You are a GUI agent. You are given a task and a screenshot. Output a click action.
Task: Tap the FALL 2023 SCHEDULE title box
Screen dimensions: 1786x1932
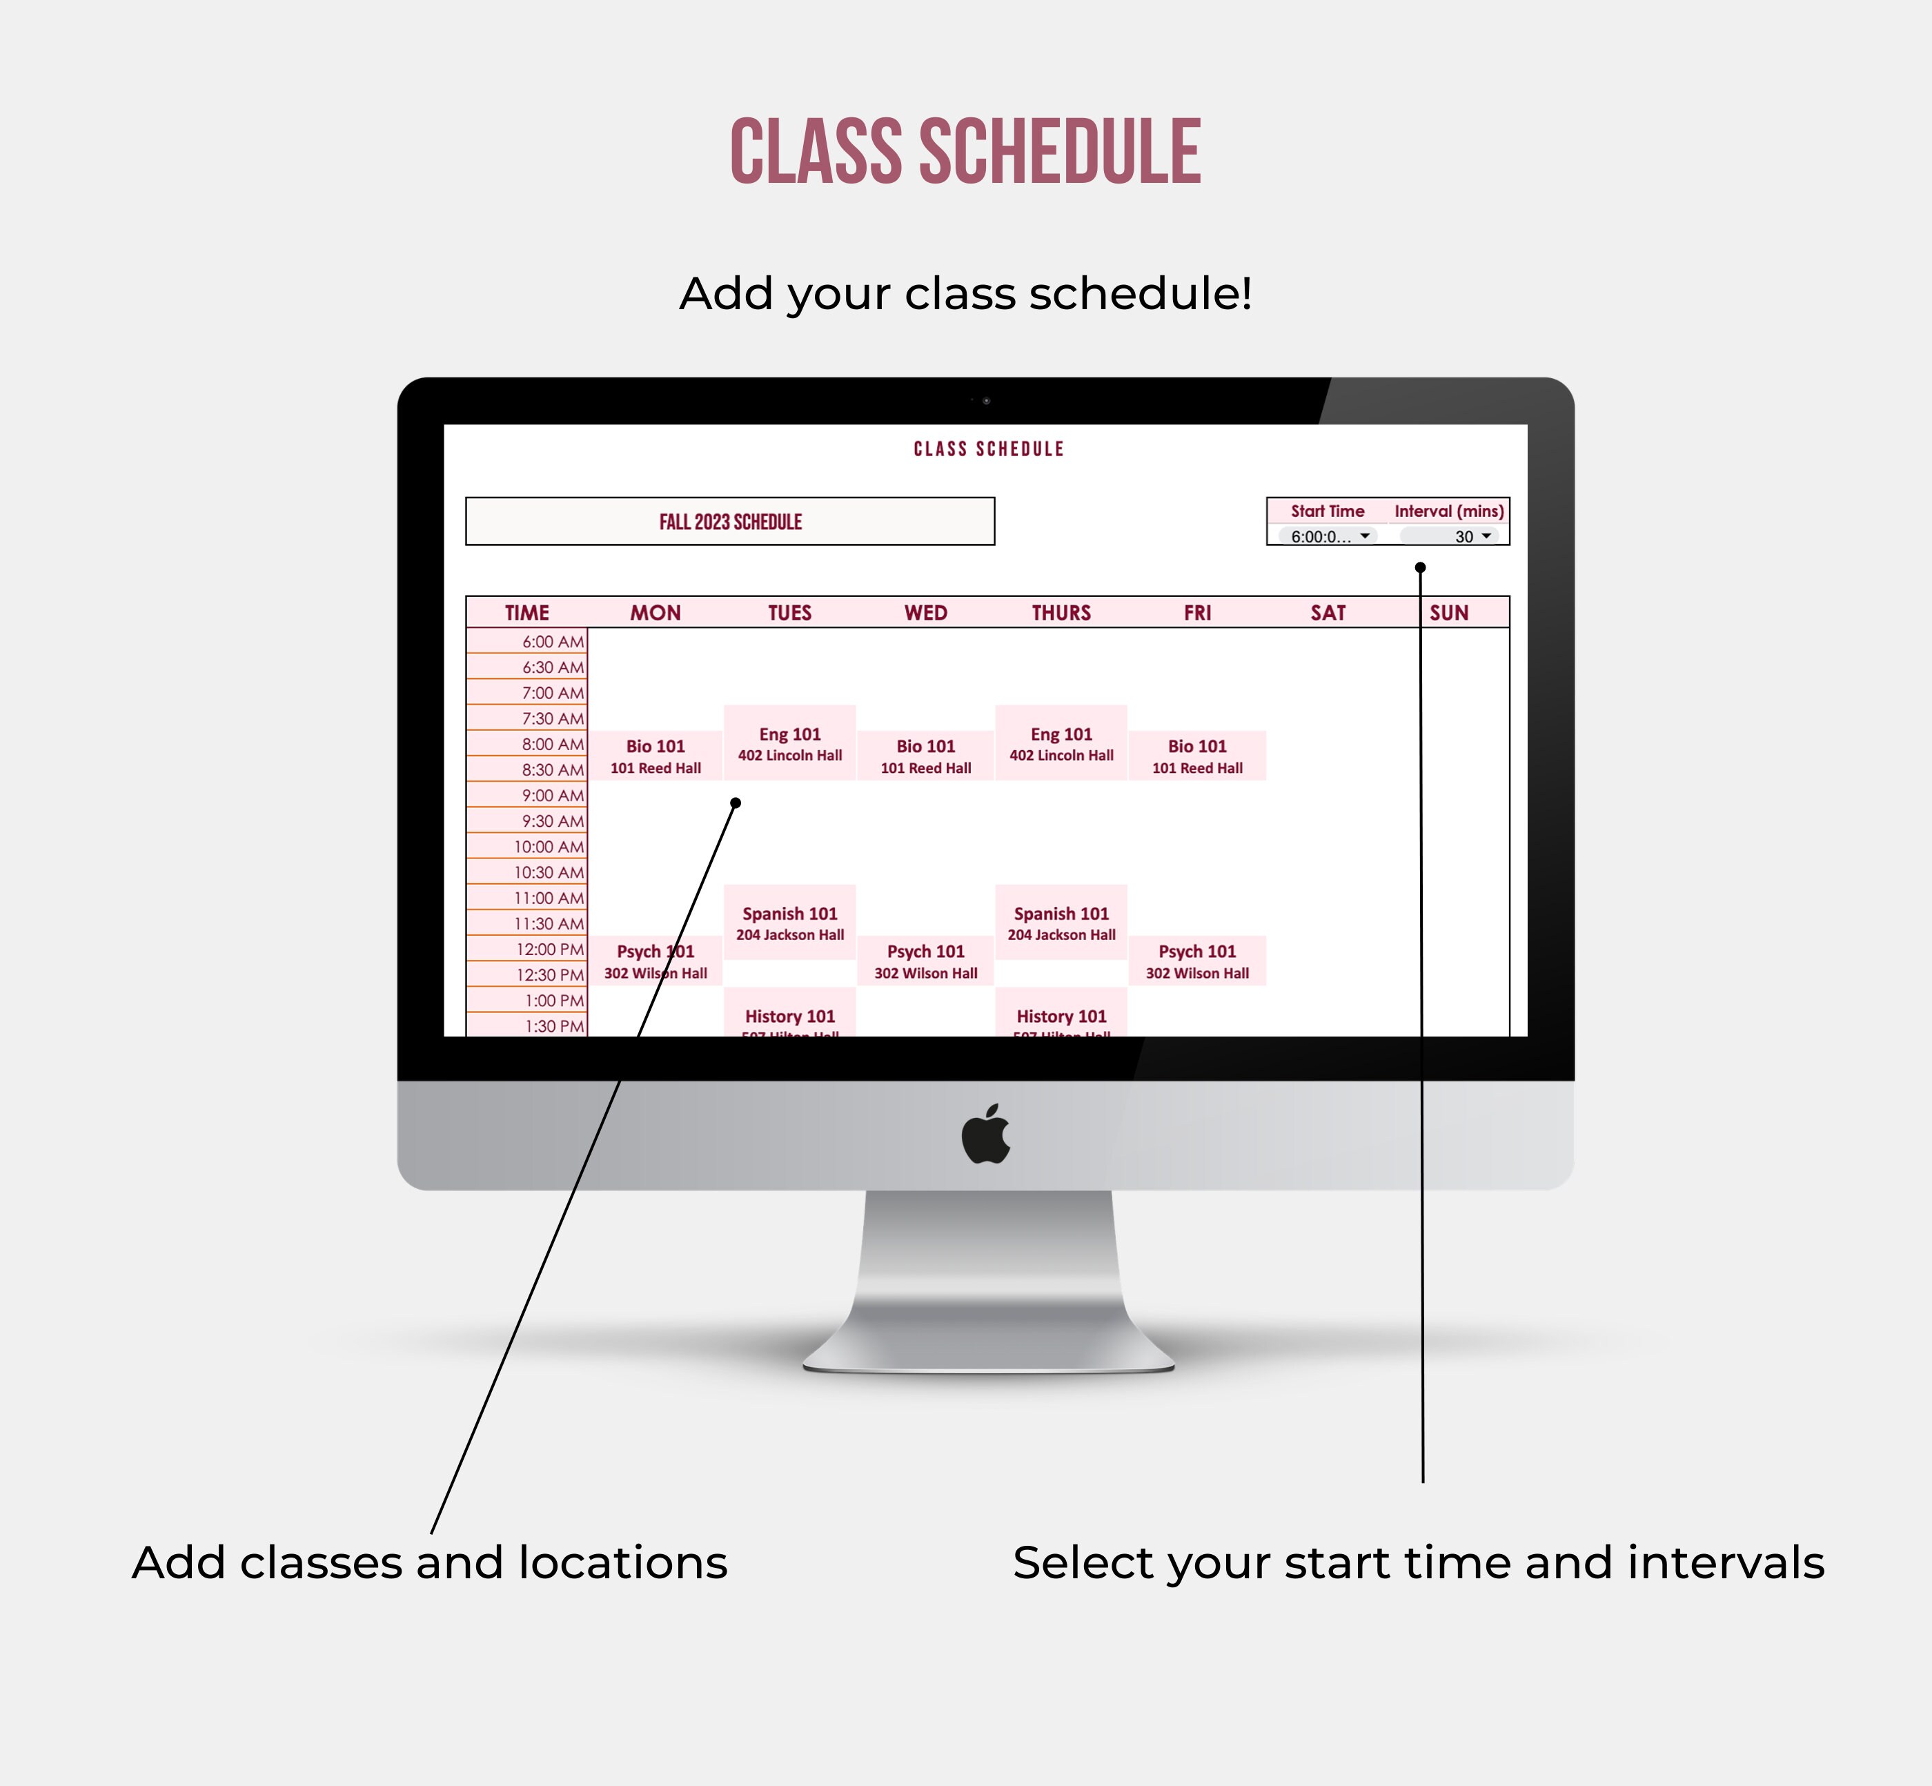(730, 522)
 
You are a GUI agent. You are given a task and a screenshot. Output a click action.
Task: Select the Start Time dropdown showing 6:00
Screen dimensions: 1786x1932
(1327, 536)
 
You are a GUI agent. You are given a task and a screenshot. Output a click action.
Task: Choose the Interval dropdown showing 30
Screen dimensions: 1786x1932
(1450, 536)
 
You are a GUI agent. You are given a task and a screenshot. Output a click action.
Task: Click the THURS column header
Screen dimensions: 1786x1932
(1061, 613)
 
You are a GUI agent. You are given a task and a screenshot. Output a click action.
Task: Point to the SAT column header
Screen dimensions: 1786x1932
(1328, 613)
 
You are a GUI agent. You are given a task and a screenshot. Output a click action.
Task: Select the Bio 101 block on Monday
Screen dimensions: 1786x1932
(655, 756)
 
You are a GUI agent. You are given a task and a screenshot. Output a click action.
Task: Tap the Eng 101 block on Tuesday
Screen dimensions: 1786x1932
(789, 743)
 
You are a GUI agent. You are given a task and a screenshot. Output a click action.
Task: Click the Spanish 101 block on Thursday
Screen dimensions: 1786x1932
(1061, 922)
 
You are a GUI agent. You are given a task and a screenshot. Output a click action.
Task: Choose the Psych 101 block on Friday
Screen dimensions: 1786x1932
(1196, 961)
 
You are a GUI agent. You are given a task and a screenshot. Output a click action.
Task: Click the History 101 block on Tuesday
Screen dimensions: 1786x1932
(789, 1017)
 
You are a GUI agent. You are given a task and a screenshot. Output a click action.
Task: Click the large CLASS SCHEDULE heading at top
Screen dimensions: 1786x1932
(965, 152)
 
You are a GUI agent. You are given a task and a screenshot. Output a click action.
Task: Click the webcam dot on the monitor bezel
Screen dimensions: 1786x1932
(986, 400)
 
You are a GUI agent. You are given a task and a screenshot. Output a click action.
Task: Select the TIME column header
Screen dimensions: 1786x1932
(526, 613)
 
